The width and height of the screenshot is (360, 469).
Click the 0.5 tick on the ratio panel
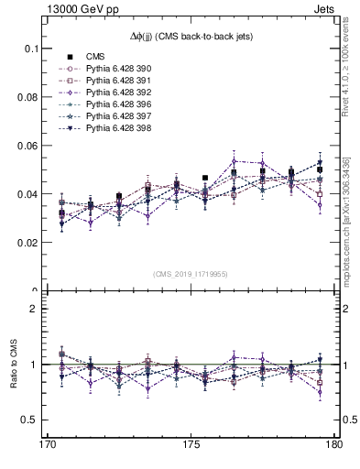(33, 420)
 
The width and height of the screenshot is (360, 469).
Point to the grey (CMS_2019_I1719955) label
(191, 274)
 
